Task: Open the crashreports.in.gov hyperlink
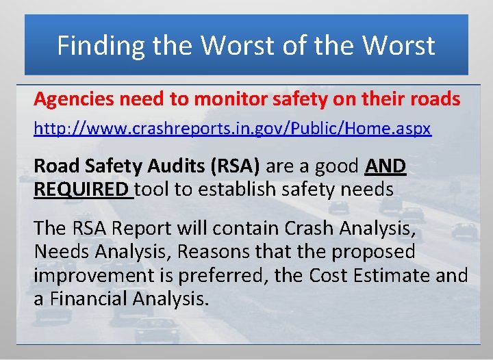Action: (233, 129)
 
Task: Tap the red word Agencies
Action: (75, 99)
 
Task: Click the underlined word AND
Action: (386, 166)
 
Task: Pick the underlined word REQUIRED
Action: (81, 188)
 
